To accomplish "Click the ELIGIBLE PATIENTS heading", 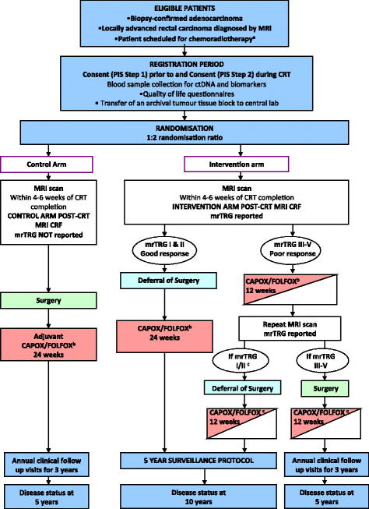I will pos(184,8).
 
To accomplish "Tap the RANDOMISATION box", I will pos(184,131).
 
